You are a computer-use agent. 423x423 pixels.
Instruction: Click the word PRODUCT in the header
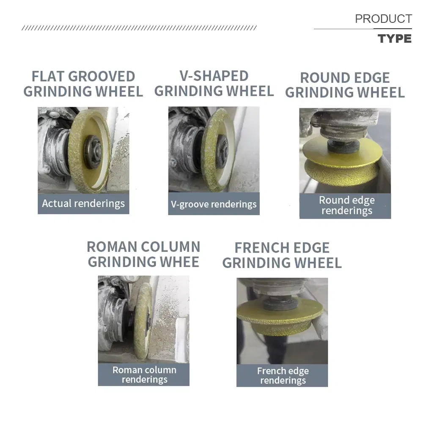383,19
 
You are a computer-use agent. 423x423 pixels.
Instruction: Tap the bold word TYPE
395,39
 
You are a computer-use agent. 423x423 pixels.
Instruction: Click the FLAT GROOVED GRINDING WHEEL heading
83,84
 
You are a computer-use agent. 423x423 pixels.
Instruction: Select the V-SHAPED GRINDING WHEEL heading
214,83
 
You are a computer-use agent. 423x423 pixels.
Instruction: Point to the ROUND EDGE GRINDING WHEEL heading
345,85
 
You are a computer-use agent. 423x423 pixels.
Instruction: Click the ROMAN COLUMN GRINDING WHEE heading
143,254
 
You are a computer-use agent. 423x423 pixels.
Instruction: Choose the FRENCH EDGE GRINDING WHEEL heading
282,255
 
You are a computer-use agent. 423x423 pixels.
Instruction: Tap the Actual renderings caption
83,203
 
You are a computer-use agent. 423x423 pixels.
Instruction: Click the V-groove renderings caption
214,204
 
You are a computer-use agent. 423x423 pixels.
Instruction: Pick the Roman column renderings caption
144,374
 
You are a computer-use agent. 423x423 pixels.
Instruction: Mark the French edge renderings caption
283,376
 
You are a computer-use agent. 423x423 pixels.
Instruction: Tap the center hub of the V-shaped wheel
222,149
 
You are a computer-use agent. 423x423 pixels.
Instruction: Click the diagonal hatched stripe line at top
139,28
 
